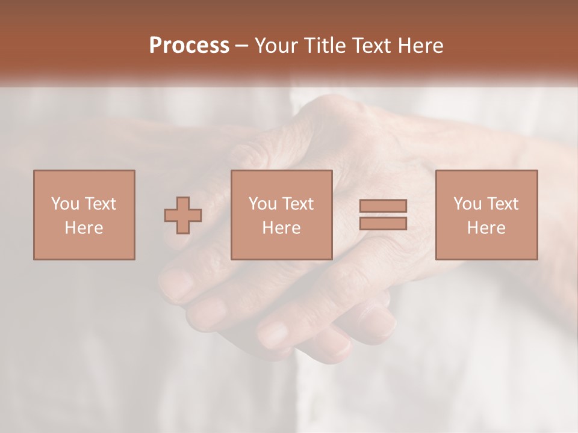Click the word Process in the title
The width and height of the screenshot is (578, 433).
point(189,46)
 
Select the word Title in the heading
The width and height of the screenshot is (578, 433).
point(325,46)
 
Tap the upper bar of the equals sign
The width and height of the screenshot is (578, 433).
point(383,206)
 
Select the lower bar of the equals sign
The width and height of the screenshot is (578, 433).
point(383,224)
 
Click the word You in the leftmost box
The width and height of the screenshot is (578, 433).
point(65,203)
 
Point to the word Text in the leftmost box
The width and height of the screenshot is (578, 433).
point(100,203)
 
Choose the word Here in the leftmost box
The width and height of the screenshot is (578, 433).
point(84,228)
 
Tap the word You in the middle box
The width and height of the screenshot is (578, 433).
point(263,203)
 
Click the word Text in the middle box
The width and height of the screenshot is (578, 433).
point(297,203)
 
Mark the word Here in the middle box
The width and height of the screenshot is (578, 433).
point(281,228)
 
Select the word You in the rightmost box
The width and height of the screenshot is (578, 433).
point(467,203)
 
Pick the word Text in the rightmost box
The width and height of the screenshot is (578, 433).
point(502,203)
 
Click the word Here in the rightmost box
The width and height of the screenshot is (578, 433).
point(486,228)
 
